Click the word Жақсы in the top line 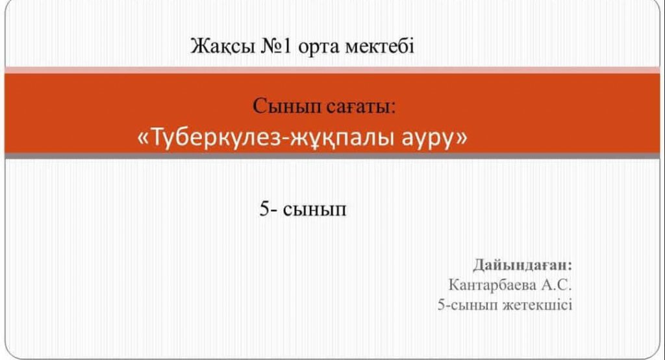[222, 46]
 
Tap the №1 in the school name [276, 46]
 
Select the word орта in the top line [318, 47]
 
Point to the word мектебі [380, 46]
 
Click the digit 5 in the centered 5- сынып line [264, 209]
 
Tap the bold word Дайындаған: [523, 265]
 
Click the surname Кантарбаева [492, 285]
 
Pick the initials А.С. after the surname [557, 285]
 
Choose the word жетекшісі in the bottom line [537, 305]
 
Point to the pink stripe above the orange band [332, 70]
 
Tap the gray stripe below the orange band [332, 156]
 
